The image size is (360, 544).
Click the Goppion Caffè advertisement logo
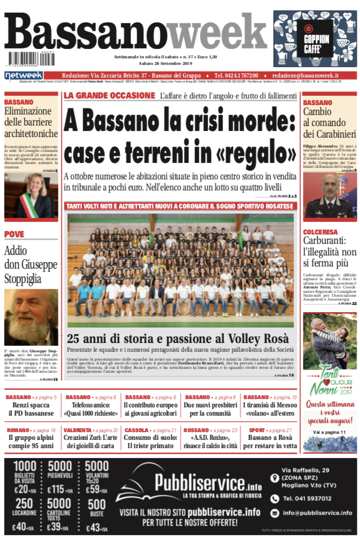(316, 39)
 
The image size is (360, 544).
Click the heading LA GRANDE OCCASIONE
(110, 96)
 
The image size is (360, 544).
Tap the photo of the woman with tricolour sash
(31, 195)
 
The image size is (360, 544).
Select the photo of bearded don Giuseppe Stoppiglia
(31, 317)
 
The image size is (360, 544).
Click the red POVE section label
(14, 235)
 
